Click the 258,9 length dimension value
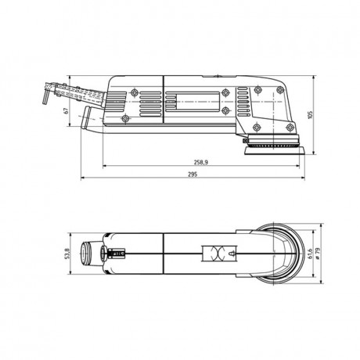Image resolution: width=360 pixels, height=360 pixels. (x=200, y=162)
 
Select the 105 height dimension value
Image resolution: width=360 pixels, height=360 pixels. (x=311, y=115)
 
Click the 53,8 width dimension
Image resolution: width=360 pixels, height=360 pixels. (x=68, y=254)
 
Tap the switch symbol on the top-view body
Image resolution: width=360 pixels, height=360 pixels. (x=215, y=254)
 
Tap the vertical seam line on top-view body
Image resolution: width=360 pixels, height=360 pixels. (x=163, y=254)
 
